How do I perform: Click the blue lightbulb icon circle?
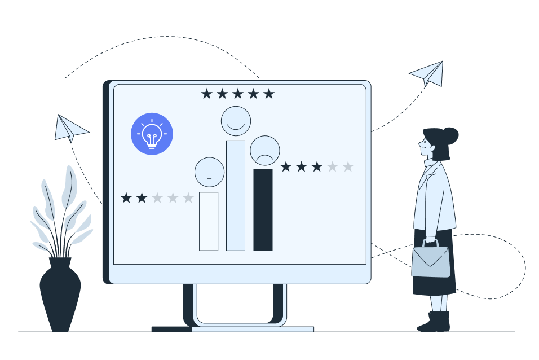[152, 134]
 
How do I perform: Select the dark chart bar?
[263, 209]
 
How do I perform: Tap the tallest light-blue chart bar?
[236, 195]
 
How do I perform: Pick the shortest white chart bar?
[209, 221]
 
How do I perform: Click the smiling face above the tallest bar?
[236, 121]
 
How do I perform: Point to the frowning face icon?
[265, 150]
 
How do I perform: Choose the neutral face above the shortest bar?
[209, 172]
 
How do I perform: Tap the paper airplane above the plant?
[70, 128]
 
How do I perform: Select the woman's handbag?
[431, 261]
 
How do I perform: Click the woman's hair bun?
[450, 135]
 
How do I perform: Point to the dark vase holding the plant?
[60, 293]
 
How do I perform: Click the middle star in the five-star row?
[238, 94]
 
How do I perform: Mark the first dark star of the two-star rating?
[126, 198]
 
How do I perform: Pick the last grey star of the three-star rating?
[348, 166]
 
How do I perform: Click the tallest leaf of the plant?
[70, 186]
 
